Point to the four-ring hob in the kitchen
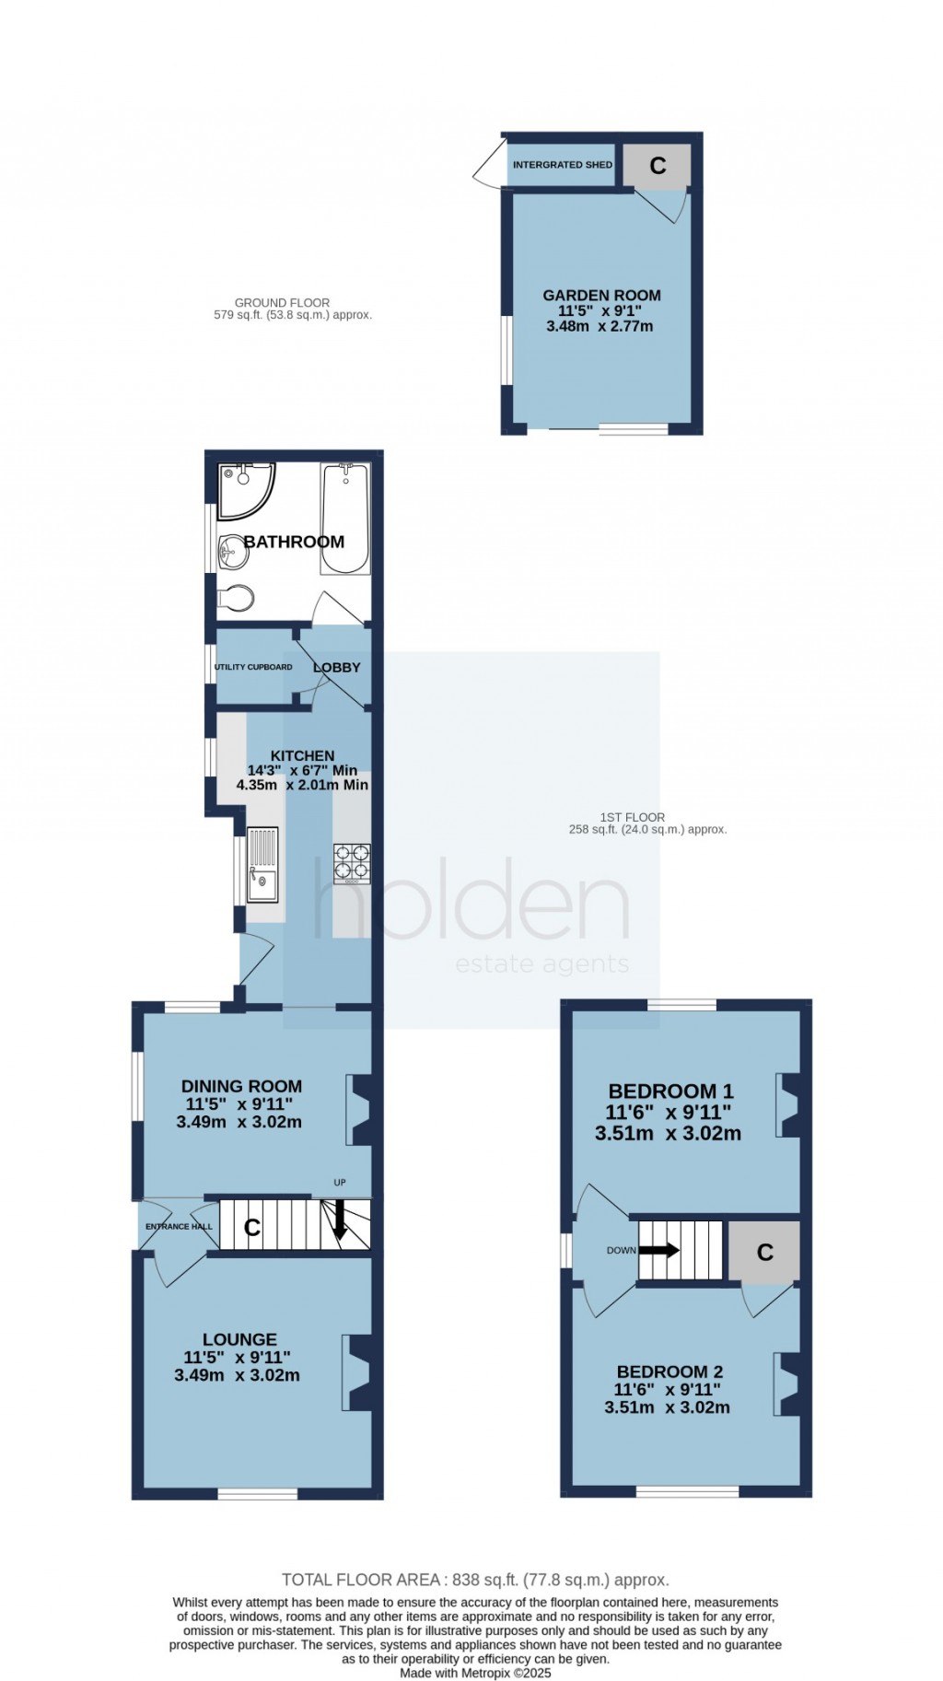click(x=352, y=863)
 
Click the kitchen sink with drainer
click(x=262, y=863)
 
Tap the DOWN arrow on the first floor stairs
click(x=658, y=1250)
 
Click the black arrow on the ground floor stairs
click(x=339, y=1219)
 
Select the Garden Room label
click(x=601, y=296)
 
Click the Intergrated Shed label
click(x=563, y=165)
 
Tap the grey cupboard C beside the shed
click(x=658, y=166)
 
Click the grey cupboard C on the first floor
click(x=764, y=1252)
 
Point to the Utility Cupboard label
click(x=253, y=667)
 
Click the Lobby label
click(x=336, y=667)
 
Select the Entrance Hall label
click(x=179, y=1226)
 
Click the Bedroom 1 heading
click(x=669, y=1091)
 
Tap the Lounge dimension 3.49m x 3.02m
click(x=237, y=1375)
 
